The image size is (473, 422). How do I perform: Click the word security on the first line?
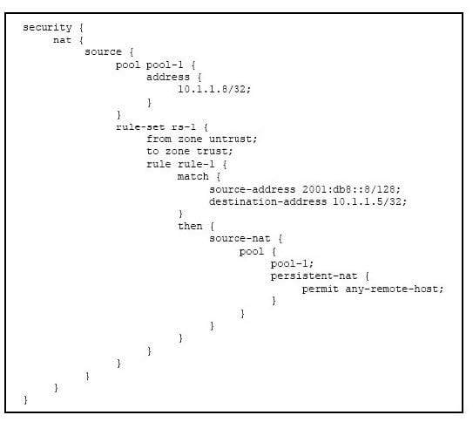pos(47,28)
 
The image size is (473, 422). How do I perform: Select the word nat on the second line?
pos(62,40)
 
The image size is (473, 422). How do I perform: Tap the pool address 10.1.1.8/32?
pos(214,89)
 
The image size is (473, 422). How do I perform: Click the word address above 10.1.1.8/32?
pos(168,78)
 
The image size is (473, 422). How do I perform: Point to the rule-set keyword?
pos(140,127)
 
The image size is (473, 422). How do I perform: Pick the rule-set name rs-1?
pos(184,127)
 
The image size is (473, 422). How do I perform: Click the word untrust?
pos(233,140)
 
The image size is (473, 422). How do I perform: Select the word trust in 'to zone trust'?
pos(214,151)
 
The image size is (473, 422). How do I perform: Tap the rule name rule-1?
pos(196,164)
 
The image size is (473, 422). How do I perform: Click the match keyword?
pos(193,177)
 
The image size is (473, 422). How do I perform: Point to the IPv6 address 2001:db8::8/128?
pos(351,189)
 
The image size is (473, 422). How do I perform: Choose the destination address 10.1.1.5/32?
pos(370,201)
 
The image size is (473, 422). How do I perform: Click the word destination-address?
pos(268,201)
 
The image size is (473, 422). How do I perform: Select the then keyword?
pos(190,226)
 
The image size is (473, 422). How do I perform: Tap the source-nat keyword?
pos(240,239)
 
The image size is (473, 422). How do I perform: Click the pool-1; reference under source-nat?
pos(292,264)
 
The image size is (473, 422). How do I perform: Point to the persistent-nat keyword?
pos(314,276)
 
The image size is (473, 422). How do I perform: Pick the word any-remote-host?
pos(395,289)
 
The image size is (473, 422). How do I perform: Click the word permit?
pos(320,289)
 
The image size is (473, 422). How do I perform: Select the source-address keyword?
pos(253,189)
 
